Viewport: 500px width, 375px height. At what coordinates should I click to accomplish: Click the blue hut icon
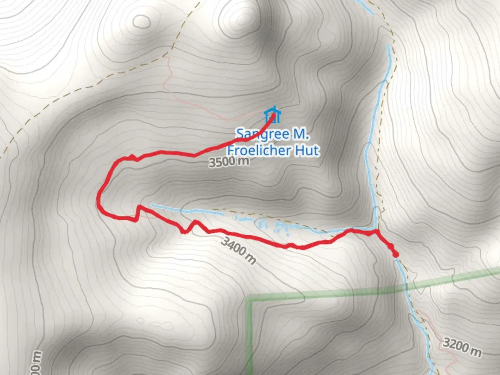(x=272, y=115)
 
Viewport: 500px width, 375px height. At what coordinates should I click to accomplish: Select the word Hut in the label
(x=307, y=151)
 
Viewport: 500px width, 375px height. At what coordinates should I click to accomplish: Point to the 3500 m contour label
(x=229, y=162)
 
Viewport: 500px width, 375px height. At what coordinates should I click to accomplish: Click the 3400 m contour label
(x=238, y=250)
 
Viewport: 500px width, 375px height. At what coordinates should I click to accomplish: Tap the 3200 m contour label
(x=462, y=348)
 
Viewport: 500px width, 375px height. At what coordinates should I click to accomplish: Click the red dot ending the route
(x=395, y=255)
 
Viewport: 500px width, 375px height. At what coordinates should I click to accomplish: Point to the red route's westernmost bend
(x=99, y=199)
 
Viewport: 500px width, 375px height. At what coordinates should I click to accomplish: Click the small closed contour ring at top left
(x=142, y=21)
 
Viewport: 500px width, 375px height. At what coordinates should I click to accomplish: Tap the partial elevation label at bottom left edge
(x=37, y=363)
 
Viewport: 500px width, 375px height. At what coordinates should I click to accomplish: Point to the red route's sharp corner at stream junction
(x=376, y=230)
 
